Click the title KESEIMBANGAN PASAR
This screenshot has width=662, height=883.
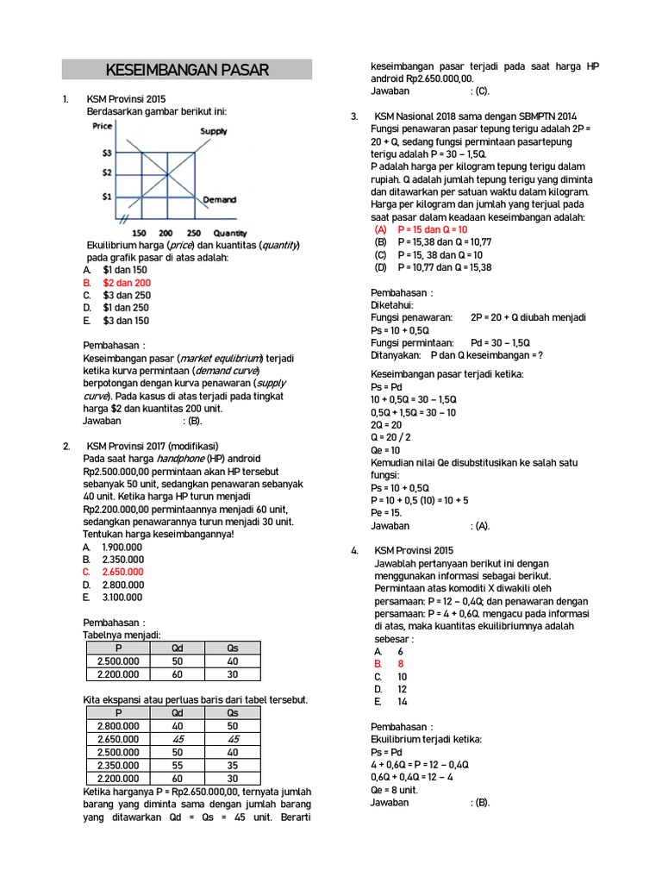coord(187,70)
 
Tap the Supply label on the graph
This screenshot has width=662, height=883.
coord(214,131)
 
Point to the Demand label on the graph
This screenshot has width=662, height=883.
coord(219,199)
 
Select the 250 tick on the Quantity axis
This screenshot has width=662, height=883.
coord(193,233)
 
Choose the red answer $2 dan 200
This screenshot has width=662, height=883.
coord(126,282)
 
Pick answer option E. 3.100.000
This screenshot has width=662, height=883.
coord(122,597)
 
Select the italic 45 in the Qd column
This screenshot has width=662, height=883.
coord(178,739)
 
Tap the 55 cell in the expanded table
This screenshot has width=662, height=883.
coord(178,764)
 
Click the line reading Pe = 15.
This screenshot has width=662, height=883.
coord(387,512)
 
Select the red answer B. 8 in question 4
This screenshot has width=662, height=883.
coord(390,664)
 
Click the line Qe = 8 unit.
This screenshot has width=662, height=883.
coord(394,789)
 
